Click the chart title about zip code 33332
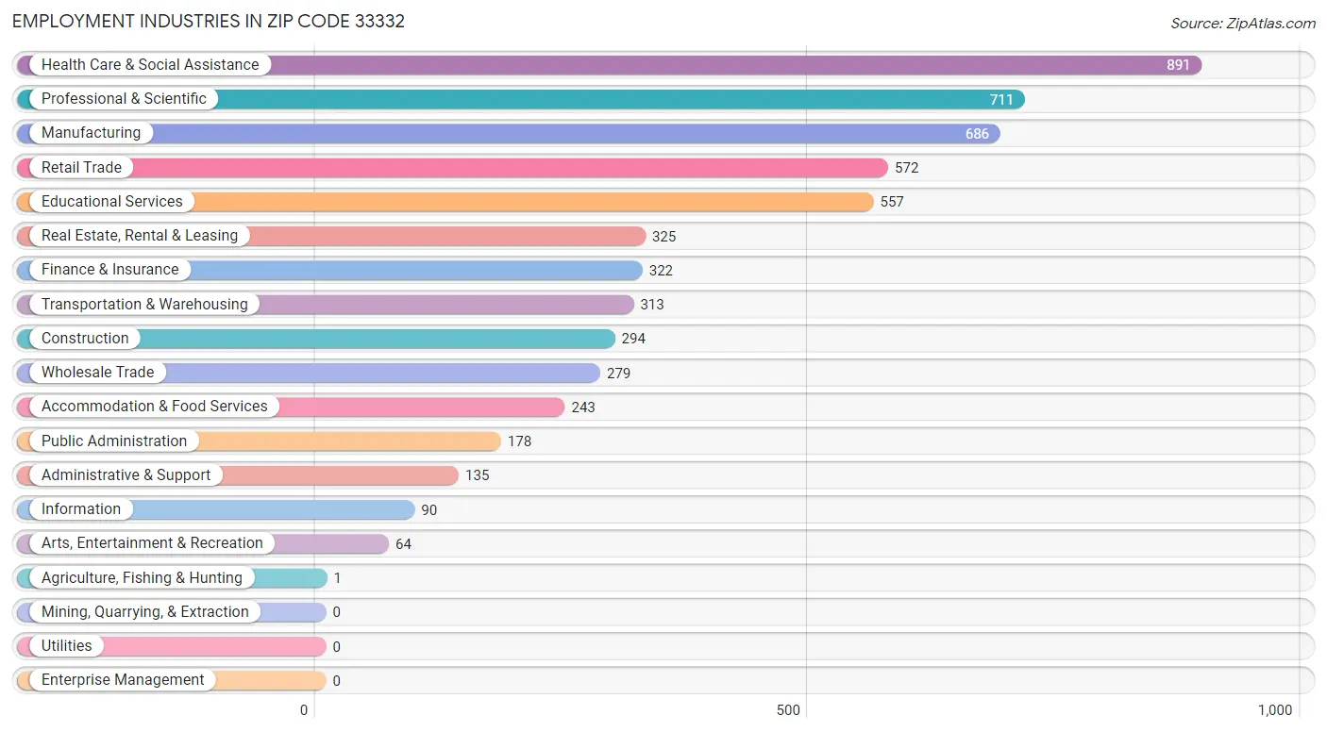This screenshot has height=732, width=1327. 209,22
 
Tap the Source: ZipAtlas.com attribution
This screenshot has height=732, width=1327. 1242,24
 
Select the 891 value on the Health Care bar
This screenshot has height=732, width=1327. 1178,65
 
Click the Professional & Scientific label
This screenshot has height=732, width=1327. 124,99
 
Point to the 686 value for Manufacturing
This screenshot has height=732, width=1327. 977,134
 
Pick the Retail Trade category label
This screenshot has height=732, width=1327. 81,168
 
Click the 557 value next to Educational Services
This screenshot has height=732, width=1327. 892,202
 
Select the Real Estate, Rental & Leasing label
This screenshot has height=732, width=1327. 140,236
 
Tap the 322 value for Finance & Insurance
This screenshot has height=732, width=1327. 661,271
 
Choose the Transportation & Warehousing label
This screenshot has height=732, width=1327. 144,305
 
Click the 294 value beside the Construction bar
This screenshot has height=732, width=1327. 633,339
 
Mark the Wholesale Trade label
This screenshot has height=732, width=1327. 97,373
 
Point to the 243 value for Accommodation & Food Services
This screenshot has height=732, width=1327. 583,408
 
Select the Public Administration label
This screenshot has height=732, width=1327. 114,441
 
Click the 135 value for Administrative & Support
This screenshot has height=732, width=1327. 478,475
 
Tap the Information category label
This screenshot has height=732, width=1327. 81,509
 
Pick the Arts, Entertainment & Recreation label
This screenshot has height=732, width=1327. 152,543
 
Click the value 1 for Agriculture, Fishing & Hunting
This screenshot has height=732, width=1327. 337,578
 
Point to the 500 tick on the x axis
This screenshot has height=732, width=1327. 788,710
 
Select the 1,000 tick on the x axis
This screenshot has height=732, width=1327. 1274,710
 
